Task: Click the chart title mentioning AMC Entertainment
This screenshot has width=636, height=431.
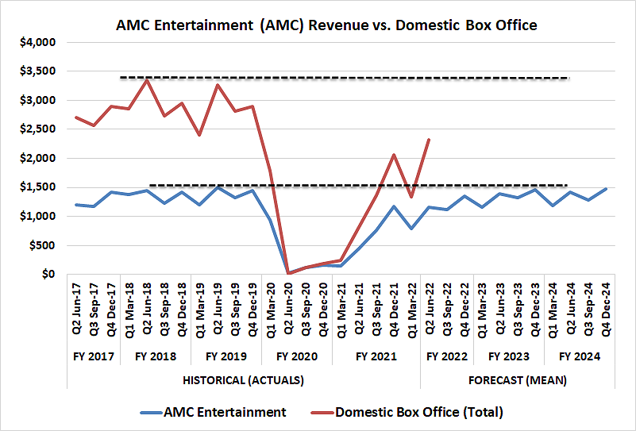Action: [326, 25]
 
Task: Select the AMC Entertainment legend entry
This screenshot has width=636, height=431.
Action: [225, 412]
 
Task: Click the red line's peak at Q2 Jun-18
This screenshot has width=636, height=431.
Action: [147, 80]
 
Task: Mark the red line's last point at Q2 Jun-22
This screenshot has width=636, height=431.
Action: [430, 140]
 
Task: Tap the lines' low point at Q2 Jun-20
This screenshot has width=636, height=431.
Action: [288, 273]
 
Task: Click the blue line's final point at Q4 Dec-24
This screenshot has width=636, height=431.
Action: [606, 189]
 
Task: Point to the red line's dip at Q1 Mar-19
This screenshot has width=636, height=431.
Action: [199, 135]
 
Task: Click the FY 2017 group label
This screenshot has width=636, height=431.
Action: [94, 356]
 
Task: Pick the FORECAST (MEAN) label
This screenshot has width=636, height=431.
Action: [517, 380]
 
